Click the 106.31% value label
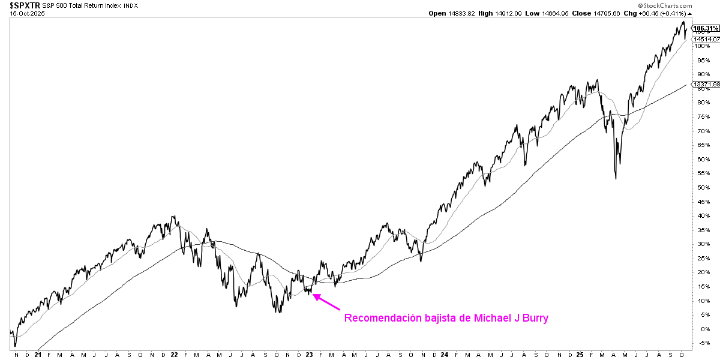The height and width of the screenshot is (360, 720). pyautogui.click(x=706, y=28)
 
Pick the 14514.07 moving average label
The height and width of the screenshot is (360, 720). pyautogui.click(x=706, y=39)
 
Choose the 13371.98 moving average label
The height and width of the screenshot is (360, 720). pyautogui.click(x=707, y=85)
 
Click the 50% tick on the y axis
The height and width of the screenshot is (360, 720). pyautogui.click(x=701, y=188)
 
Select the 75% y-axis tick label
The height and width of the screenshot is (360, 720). pyautogui.click(x=701, y=131)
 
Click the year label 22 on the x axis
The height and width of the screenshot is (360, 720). pyautogui.click(x=175, y=355)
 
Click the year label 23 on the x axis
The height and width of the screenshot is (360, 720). pyautogui.click(x=310, y=355)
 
